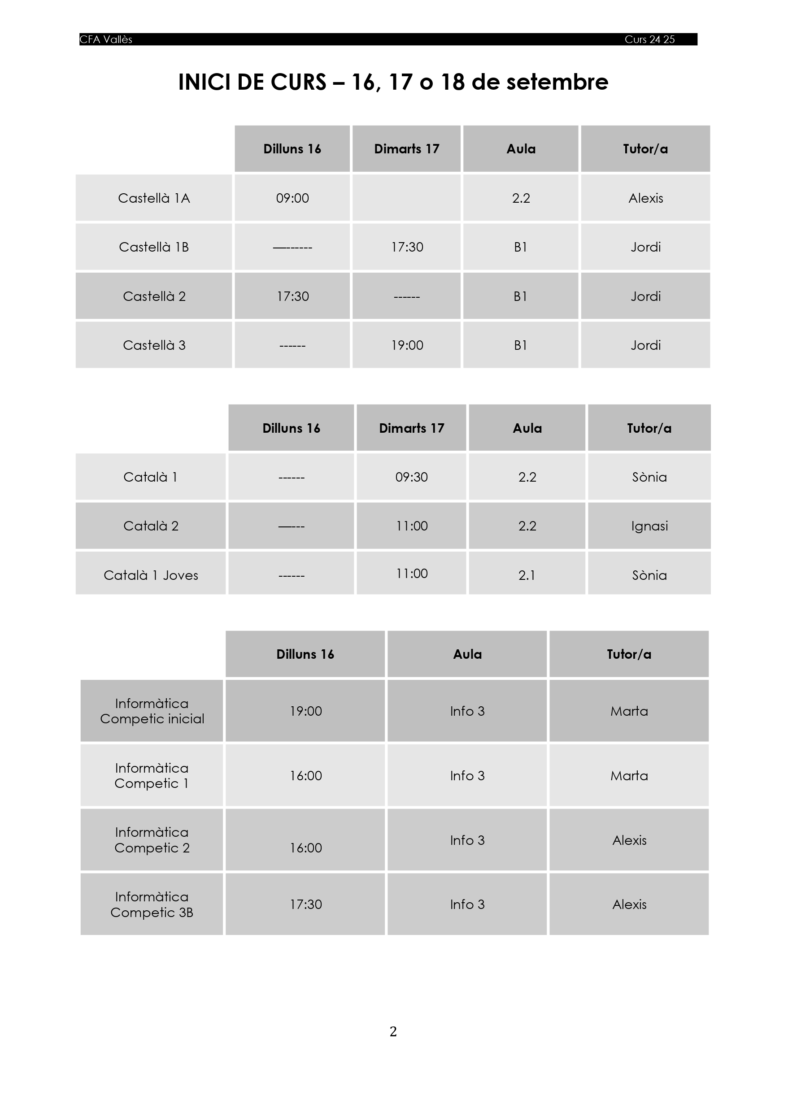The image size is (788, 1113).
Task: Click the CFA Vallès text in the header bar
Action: point(106,40)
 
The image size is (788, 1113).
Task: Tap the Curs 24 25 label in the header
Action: point(649,40)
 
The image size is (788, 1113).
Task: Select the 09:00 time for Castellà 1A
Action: point(292,198)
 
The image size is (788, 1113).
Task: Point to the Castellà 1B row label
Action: point(154,247)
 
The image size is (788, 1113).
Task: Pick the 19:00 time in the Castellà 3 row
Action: point(407,345)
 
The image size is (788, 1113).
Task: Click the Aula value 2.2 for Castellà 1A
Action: point(521,198)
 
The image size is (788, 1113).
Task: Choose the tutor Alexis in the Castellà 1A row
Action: point(645,198)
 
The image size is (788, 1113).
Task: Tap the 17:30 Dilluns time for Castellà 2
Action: point(292,296)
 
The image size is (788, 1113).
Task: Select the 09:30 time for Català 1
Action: point(411,477)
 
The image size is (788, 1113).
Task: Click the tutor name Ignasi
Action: point(649,526)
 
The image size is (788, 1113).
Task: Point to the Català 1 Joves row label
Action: point(151,575)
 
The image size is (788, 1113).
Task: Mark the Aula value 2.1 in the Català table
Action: point(527,575)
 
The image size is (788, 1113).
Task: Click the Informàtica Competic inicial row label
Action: point(152,711)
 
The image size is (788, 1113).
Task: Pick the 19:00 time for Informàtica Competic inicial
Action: point(306,711)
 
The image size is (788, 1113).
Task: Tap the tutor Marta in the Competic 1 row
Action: point(629,775)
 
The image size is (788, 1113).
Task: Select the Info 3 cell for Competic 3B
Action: point(467,904)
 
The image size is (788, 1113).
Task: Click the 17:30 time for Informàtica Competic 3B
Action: point(306,904)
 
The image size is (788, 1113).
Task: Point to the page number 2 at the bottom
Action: point(393,1031)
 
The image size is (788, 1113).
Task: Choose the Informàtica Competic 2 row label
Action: point(152,840)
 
